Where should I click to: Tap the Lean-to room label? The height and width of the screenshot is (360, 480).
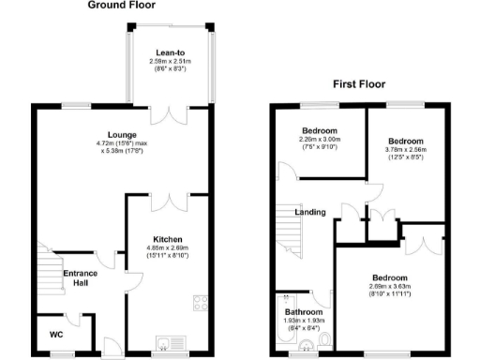click(x=170, y=54)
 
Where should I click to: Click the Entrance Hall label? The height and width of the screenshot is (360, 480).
click(x=80, y=278)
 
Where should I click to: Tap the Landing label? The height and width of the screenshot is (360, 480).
click(x=309, y=213)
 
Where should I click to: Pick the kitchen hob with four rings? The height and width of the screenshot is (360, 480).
click(x=200, y=303)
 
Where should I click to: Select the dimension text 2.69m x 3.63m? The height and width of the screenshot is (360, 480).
click(x=389, y=289)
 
